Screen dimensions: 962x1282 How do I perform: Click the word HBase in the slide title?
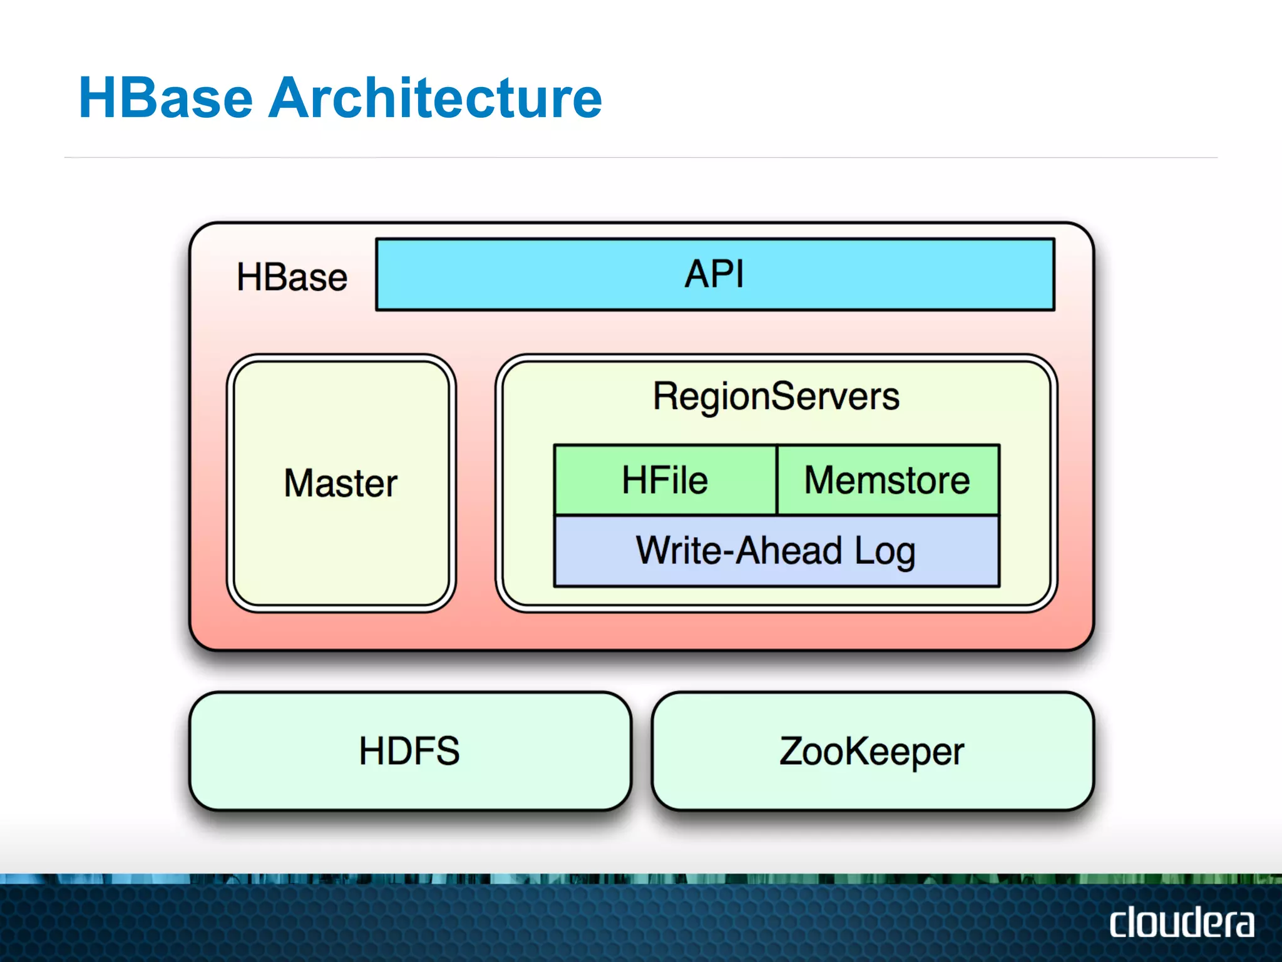tap(166, 98)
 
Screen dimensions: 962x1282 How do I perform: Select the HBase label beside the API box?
tap(292, 277)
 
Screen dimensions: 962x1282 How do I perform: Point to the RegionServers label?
tap(776, 396)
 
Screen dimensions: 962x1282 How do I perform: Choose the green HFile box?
tap(665, 480)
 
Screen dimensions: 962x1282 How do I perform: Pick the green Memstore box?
tap(888, 480)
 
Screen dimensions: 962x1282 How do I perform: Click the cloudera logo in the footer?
tap(1182, 922)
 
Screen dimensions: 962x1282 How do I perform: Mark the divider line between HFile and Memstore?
tap(777, 480)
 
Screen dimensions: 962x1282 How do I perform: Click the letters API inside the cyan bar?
tap(714, 274)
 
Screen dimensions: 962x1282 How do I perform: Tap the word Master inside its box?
tap(341, 484)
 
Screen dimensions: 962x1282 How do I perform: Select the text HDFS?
tap(409, 751)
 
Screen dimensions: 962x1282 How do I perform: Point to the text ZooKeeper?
tap(872, 752)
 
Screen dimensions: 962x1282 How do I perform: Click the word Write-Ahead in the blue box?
tap(739, 551)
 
